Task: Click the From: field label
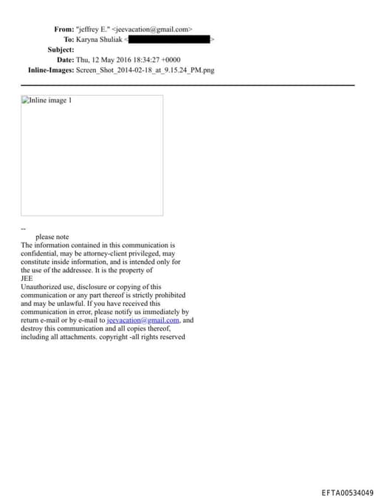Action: [63, 29]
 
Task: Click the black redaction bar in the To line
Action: [169, 39]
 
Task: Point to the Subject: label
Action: [61, 49]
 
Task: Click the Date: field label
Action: [65, 60]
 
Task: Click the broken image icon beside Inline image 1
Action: [25, 100]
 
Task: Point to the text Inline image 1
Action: [50, 100]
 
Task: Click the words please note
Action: [52, 237]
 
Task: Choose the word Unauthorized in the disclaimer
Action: [44, 287]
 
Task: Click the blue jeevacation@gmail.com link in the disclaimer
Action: [143, 321]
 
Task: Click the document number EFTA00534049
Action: [347, 493]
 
